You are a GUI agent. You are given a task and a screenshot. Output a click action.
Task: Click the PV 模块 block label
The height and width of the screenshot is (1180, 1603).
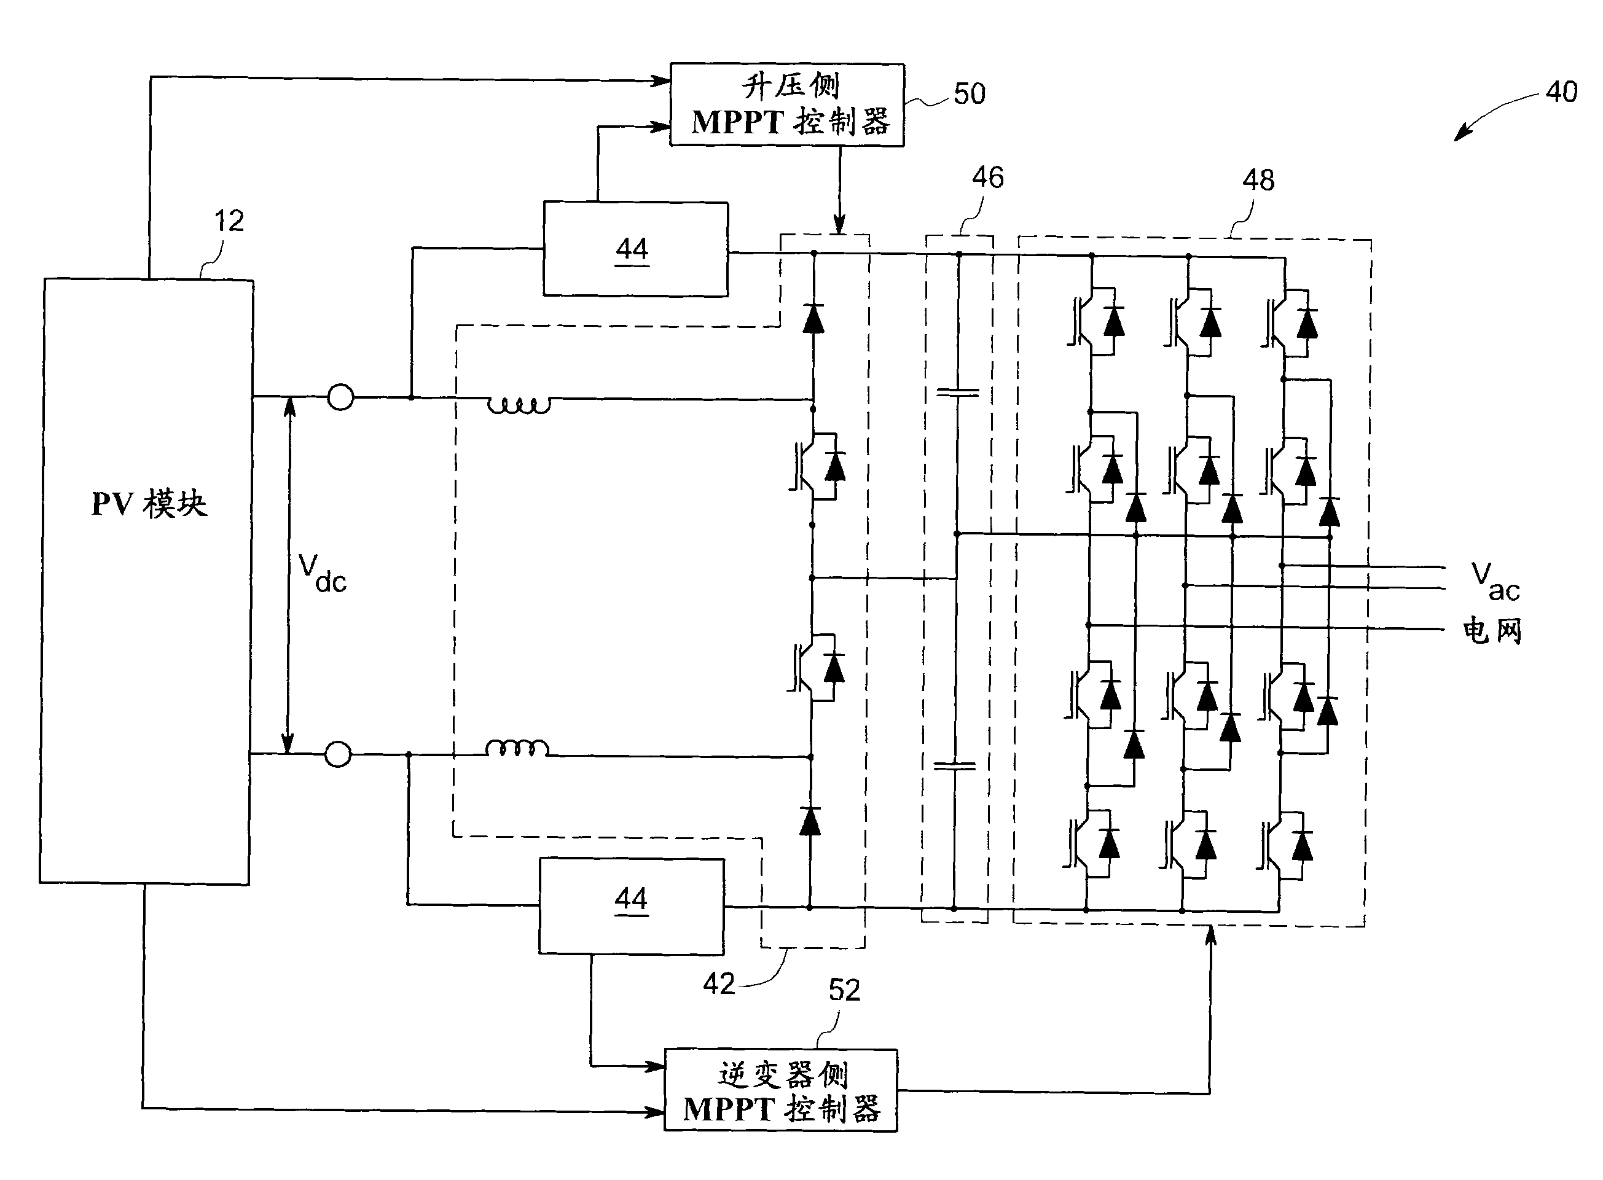click(x=149, y=504)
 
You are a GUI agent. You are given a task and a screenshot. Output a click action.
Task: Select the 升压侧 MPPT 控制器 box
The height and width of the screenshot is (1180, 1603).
click(x=786, y=105)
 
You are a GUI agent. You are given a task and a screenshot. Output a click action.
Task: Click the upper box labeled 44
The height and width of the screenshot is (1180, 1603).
click(x=635, y=249)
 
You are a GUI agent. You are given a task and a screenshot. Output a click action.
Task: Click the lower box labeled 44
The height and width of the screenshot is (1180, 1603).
click(x=631, y=905)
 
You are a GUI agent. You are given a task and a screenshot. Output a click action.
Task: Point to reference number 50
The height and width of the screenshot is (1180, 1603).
click(x=970, y=94)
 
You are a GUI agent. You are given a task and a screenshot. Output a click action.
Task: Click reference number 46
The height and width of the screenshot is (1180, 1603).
click(x=987, y=177)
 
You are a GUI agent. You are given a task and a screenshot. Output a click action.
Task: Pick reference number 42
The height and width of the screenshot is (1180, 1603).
click(x=719, y=984)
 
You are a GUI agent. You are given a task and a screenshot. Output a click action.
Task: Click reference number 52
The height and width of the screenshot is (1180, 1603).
click(x=844, y=990)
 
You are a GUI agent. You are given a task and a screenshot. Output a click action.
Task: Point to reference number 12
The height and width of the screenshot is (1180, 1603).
click(x=229, y=221)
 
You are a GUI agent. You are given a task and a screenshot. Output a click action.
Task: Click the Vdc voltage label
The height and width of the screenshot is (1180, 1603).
click(x=321, y=573)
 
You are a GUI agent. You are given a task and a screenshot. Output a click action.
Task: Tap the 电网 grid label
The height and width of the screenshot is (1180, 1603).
click(x=1492, y=631)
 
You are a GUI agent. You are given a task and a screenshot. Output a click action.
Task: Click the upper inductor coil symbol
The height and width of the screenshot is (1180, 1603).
click(x=519, y=405)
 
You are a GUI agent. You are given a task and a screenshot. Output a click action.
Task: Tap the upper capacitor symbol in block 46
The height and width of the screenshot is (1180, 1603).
click(x=957, y=392)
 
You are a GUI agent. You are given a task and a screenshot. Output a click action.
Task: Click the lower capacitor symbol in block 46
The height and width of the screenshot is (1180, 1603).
click(x=954, y=766)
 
